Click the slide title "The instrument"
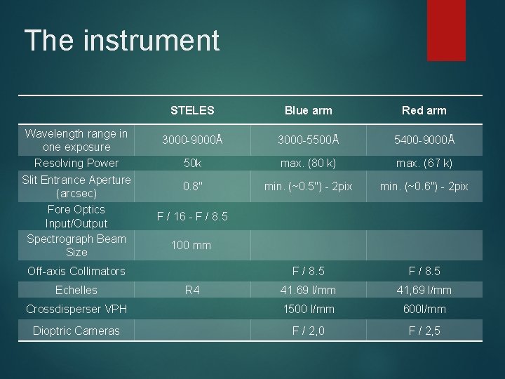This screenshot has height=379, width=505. point(121,41)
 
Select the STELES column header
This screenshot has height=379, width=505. point(192,110)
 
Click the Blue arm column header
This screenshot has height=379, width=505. point(308,110)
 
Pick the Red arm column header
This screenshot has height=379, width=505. point(424,110)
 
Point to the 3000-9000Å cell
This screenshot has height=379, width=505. point(192,140)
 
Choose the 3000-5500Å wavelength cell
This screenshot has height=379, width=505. point(308,140)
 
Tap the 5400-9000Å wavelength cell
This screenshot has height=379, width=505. point(424,140)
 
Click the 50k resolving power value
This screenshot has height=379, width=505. point(192,164)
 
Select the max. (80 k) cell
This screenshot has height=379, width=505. point(308,164)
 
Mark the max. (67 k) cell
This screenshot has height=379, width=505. point(424,164)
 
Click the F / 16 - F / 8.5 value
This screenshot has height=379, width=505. point(192,217)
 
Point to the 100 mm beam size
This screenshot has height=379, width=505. point(192,246)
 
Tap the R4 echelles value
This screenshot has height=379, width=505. point(192,289)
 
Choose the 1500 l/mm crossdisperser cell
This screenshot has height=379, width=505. point(308,309)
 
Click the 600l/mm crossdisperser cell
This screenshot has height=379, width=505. point(424,309)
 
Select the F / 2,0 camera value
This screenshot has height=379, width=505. point(308,331)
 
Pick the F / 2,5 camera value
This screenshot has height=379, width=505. point(424,331)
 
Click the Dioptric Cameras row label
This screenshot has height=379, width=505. point(76,331)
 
